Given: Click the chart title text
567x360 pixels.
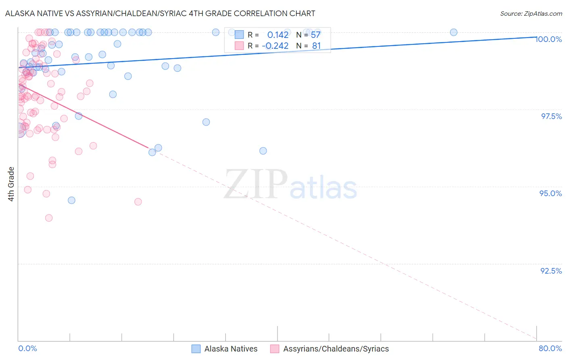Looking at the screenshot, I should click(x=160, y=13).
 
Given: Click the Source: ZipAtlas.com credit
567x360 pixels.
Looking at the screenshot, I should click(x=531, y=13).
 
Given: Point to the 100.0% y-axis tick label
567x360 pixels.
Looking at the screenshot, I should click(x=548, y=39).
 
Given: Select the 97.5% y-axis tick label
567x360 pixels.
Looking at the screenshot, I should click(x=551, y=116).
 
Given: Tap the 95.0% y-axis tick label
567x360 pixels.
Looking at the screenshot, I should click(x=550, y=193).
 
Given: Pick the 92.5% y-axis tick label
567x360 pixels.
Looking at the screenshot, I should click(x=551, y=271).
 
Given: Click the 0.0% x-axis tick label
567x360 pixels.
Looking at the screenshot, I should click(x=27, y=348).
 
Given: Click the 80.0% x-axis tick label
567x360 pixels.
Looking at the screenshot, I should click(x=550, y=348).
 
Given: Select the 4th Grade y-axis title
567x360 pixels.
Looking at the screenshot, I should click(x=11, y=184).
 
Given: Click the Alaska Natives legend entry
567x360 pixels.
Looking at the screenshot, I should click(x=225, y=349).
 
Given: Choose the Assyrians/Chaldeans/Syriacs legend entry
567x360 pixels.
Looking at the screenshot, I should click(x=330, y=349).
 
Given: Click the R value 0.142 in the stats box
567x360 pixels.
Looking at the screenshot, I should click(x=278, y=35).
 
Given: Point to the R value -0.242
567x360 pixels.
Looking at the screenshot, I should click(x=275, y=46).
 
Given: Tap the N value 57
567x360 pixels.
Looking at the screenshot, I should click(x=315, y=35).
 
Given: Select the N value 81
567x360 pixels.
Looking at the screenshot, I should click(x=316, y=46).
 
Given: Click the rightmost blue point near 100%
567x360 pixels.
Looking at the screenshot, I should click(x=453, y=32).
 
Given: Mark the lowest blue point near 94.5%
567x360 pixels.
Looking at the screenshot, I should click(x=71, y=200).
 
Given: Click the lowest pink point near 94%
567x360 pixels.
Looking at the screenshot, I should click(x=49, y=218).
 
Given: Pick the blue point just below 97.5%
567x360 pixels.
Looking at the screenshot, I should click(x=206, y=122).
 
